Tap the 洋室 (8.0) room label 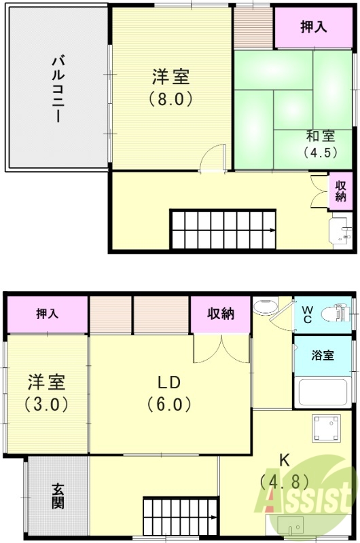click(170, 88)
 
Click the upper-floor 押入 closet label click(314, 27)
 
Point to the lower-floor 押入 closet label click(48, 314)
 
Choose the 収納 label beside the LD click(221, 314)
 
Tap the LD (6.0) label click(169, 392)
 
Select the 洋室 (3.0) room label click(46, 392)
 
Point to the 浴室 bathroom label click(323, 354)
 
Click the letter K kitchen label click(285, 460)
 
